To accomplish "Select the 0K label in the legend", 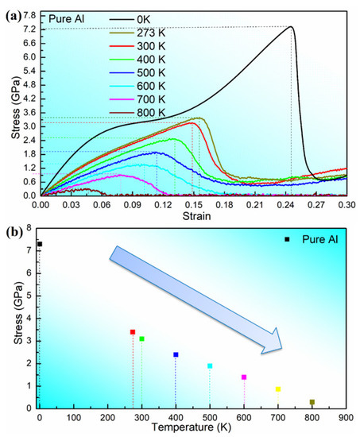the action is coord(144,20).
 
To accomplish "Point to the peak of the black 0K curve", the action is coord(291,26).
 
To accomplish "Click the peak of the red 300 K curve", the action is coord(192,123).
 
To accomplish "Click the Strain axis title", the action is coord(196,216).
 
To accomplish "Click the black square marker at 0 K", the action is coord(40,244).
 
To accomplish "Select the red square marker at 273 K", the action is coord(133,332).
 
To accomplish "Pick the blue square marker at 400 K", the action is coord(176,354).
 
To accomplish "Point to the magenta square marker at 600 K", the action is coord(244,377).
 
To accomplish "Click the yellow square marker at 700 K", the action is coord(278,389).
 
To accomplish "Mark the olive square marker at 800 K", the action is coord(312,402).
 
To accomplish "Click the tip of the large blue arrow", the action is coord(282,348).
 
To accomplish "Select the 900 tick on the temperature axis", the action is coord(346,418).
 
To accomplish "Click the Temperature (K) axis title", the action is coord(192,427).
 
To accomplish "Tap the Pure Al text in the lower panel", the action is coord(319,239).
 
